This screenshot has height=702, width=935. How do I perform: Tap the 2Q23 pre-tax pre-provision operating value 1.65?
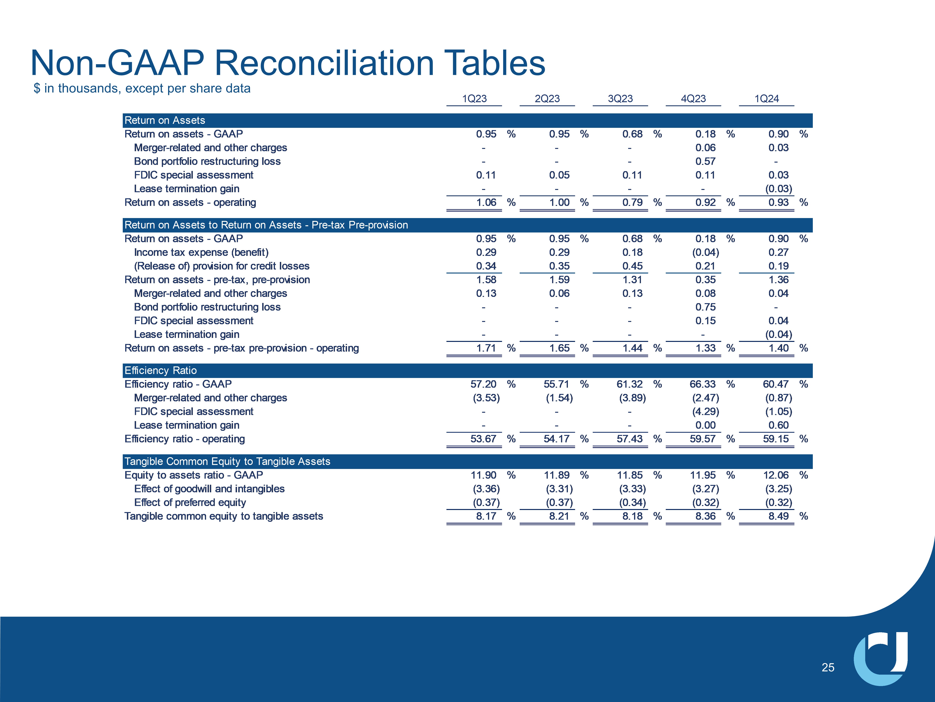click(559, 348)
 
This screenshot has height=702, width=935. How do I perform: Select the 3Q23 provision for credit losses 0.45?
click(632, 266)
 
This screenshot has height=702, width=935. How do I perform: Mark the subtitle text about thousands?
click(142, 89)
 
